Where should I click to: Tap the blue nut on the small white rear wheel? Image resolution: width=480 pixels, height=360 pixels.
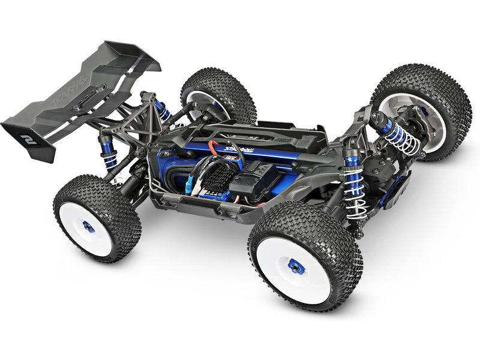click(x=88, y=226)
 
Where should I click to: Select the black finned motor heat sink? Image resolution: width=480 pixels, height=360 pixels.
click(x=219, y=175)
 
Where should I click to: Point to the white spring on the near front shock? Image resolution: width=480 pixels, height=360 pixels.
click(x=355, y=195)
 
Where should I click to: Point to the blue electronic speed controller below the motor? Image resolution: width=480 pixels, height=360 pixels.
click(x=213, y=192)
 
